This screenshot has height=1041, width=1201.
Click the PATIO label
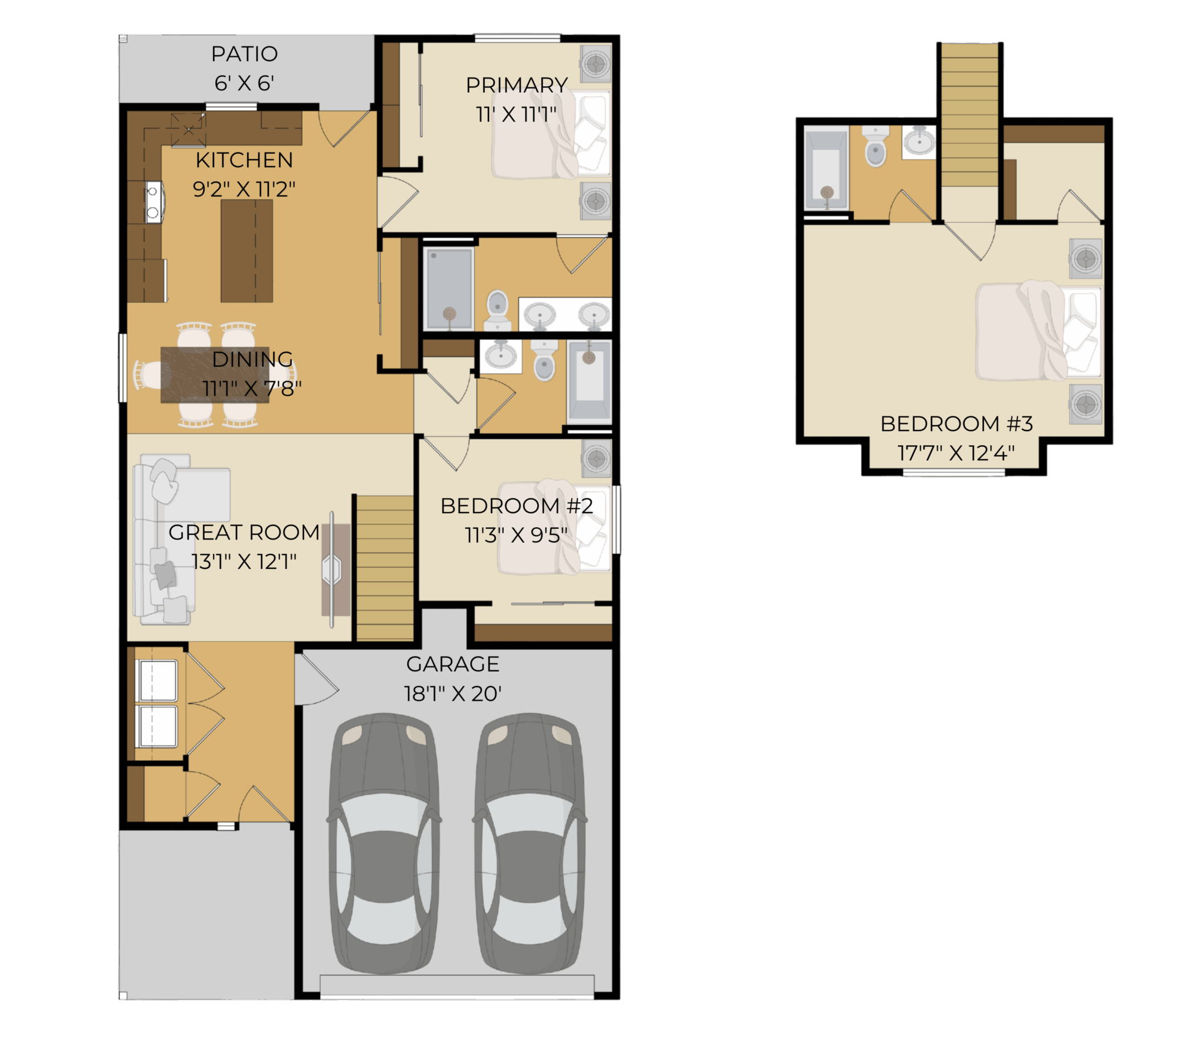pos(244,54)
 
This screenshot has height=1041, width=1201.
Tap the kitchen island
pos(247,251)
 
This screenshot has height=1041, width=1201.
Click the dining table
pos(215,375)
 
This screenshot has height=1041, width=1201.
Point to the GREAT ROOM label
pos(244,532)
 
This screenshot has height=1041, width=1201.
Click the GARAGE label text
pos(453,664)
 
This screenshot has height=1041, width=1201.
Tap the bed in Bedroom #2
pos(554,527)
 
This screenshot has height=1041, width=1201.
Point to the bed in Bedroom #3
pos(1039,331)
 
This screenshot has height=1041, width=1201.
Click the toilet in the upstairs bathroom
pos(876,147)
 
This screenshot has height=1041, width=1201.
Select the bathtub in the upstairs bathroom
pos(827,169)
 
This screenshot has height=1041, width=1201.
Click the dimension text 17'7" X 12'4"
pos(956,453)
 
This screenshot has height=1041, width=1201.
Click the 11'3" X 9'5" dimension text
pos(516,535)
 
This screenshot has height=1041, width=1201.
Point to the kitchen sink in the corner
pos(188,130)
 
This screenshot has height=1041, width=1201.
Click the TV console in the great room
pos(335,570)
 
